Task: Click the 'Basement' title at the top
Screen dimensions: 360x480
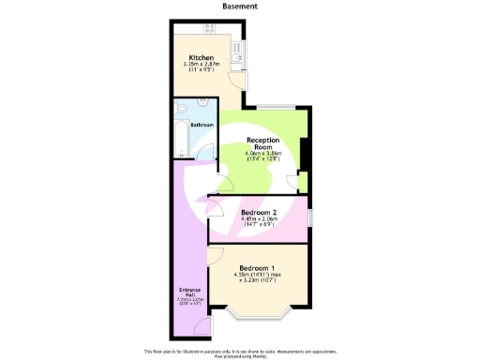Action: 240,6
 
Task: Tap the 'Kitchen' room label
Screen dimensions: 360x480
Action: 201,58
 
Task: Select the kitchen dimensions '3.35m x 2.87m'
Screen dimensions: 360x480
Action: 201,64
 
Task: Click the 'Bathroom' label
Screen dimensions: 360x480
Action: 202,125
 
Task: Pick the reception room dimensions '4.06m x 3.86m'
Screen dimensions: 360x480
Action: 263,153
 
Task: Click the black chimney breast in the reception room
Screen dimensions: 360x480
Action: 306,150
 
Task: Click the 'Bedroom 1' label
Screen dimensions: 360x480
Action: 255,266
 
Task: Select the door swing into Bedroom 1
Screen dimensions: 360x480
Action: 216,255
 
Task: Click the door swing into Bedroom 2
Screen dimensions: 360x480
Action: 216,204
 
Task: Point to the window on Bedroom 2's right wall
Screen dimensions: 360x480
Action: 311,217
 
